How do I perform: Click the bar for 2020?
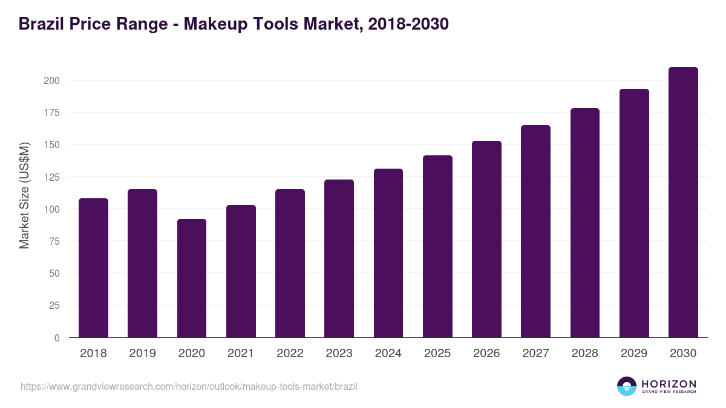point(191,278)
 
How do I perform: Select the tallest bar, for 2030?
point(683,202)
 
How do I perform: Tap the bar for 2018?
point(93,268)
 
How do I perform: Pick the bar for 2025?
point(437,247)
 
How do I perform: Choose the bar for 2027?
point(535,232)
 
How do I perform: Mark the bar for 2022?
point(290,264)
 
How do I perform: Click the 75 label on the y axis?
point(54,241)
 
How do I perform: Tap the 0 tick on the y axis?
point(57,338)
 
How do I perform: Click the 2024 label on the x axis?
point(388,354)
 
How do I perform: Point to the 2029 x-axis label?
point(634,354)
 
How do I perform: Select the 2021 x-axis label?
point(240,354)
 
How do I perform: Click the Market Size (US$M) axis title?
point(24,195)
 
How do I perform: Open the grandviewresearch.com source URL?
point(189,386)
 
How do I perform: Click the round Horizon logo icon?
point(626,386)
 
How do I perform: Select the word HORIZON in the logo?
point(669,384)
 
